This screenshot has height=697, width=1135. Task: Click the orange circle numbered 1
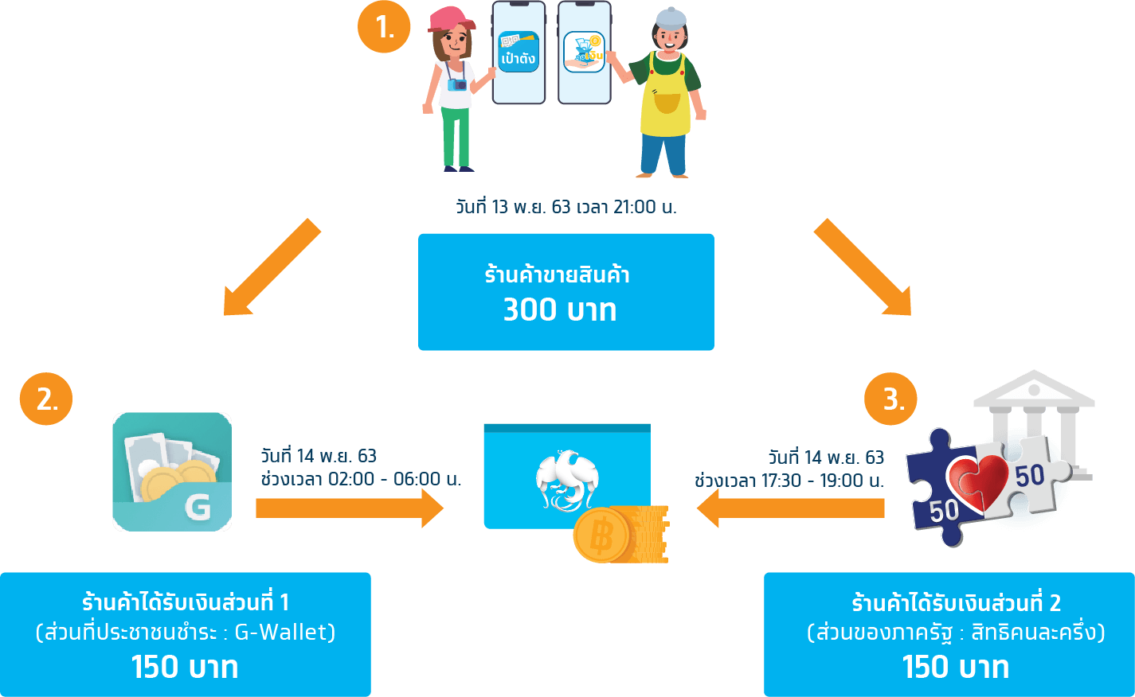tap(384, 28)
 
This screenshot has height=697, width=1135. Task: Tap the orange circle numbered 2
tap(46, 399)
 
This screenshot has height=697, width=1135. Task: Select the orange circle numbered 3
tap(890, 399)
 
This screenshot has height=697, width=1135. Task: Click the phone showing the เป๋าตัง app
tap(519, 53)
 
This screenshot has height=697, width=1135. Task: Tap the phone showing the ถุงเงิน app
tap(584, 53)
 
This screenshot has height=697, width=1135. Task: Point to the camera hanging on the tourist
tap(457, 84)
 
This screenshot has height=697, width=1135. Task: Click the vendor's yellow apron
tap(665, 99)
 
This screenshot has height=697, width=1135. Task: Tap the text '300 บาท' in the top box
tap(560, 310)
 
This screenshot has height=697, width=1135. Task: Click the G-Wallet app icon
tap(172, 471)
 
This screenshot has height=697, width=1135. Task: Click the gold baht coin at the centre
tap(604, 535)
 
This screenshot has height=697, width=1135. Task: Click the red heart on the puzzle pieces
tap(977, 480)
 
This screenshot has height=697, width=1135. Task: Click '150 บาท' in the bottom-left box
tap(185, 667)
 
